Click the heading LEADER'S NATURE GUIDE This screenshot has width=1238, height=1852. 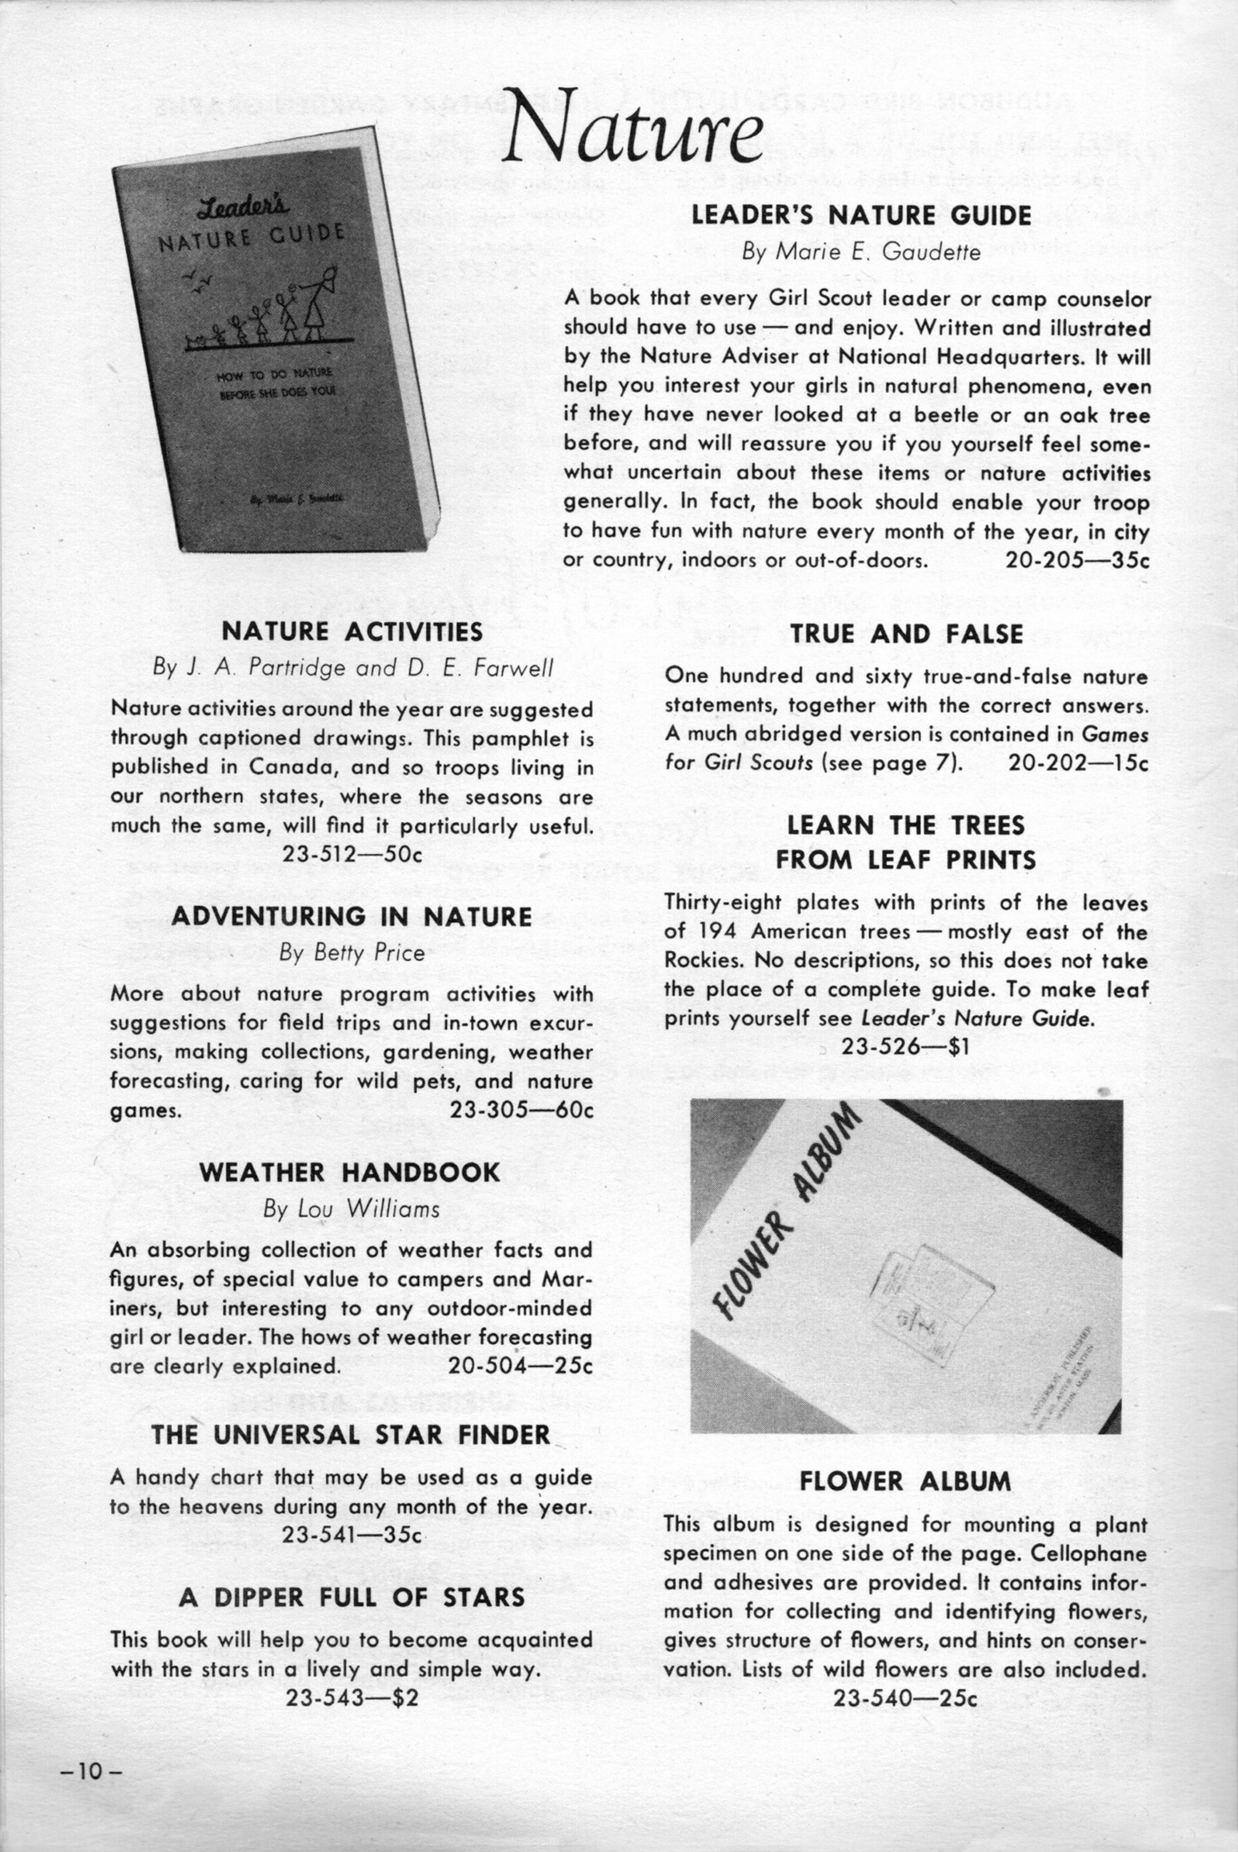[861, 216]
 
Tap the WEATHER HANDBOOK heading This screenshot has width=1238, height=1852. [350, 1172]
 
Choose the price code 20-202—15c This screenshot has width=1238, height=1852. [1078, 763]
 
